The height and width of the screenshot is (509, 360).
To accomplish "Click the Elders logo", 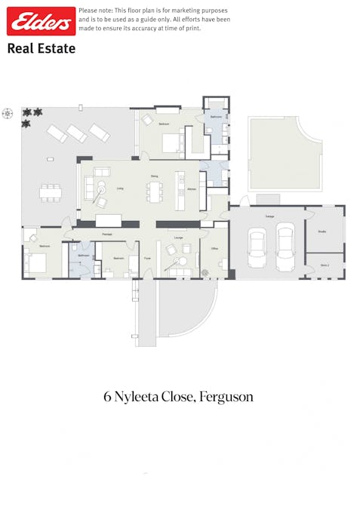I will [x=41, y=21].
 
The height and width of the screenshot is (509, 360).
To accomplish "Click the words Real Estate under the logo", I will [x=41, y=48].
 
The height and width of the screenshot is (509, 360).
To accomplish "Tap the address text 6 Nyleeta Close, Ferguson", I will [x=178, y=396].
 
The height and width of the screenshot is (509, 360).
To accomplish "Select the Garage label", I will [x=269, y=216].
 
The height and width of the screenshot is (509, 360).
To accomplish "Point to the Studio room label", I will [x=322, y=232].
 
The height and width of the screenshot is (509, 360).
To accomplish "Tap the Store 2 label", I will [x=325, y=265].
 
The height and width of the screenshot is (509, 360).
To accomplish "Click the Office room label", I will [x=214, y=248].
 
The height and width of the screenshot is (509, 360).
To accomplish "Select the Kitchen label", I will [x=192, y=189].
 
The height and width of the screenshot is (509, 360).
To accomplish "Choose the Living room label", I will [x=120, y=188].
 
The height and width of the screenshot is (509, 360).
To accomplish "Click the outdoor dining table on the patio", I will [x=51, y=192].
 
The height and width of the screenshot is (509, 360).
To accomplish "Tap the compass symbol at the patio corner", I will [x=8, y=114].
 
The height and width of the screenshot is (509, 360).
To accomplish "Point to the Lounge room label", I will [x=178, y=238].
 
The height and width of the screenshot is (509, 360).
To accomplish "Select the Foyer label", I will [x=147, y=258].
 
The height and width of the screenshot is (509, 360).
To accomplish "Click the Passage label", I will [x=107, y=235].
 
